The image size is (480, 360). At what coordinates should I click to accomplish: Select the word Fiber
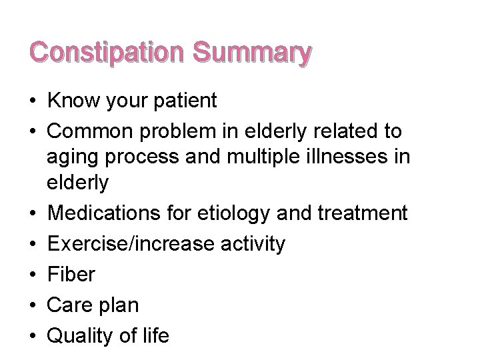coord(71,275)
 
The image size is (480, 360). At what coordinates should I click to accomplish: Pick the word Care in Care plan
coord(71,305)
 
